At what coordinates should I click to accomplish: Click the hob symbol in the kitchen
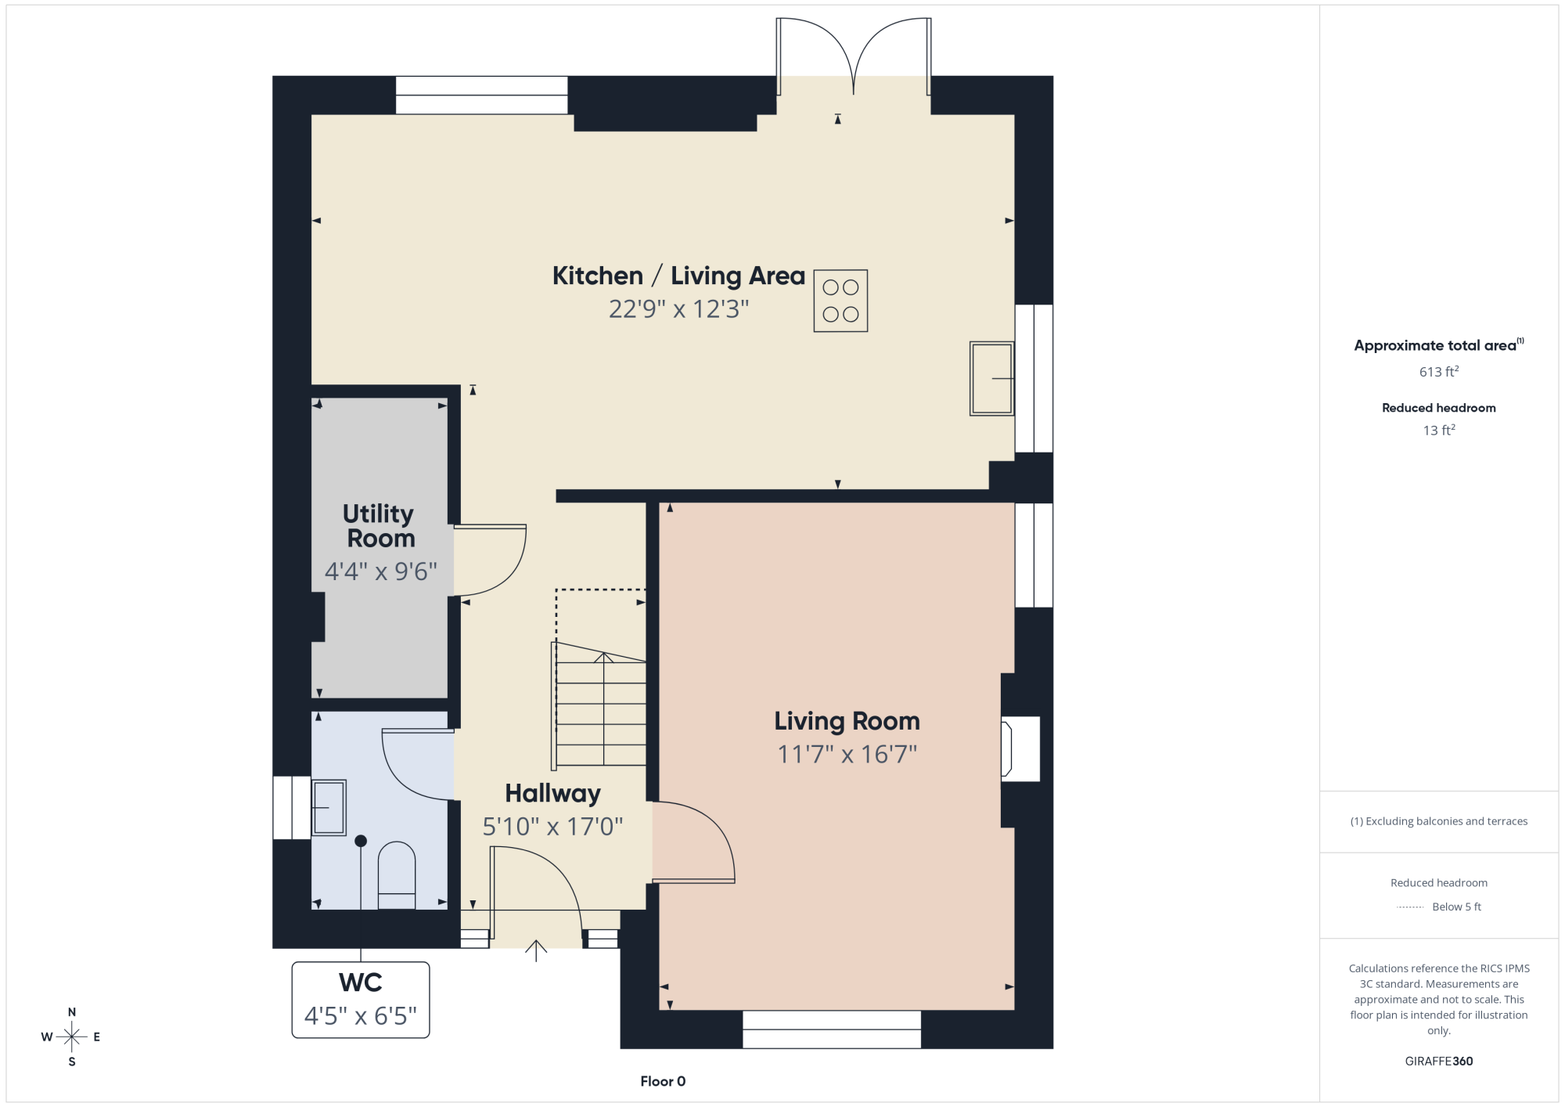[x=840, y=301]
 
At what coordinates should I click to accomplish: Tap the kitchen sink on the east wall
[x=991, y=378]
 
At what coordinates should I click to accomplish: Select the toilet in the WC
[x=397, y=875]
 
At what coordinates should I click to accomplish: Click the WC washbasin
[x=329, y=807]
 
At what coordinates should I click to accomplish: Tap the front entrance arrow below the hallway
[x=536, y=950]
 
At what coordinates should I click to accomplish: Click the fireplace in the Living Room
[x=1020, y=748]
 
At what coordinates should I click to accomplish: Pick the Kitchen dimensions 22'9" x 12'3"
[x=679, y=309]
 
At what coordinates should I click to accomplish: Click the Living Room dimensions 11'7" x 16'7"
[x=847, y=754]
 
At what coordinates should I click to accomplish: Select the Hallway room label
[x=552, y=794]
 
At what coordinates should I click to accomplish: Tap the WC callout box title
[x=361, y=983]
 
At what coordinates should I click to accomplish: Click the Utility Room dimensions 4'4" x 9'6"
[x=381, y=572]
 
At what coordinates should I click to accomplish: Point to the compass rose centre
[x=72, y=1037]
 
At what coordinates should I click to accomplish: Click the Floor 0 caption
[x=663, y=1081]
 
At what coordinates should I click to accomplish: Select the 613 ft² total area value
[x=1439, y=371]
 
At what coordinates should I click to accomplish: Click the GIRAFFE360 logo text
[x=1439, y=1062]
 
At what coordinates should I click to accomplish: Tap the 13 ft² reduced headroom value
[x=1439, y=430]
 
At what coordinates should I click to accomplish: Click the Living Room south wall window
[x=832, y=1029]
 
